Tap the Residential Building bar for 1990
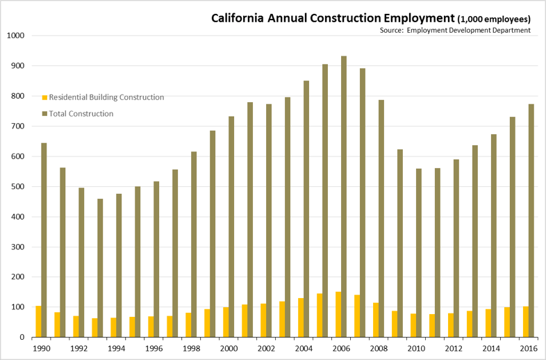(39, 321)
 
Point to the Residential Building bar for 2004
(300, 318)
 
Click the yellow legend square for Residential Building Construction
(45, 98)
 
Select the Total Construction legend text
(81, 114)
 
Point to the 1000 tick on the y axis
(15, 35)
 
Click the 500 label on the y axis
(17, 186)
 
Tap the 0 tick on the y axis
(23, 337)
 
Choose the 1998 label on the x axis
(192, 347)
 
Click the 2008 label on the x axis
(379, 347)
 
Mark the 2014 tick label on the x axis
(490, 347)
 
